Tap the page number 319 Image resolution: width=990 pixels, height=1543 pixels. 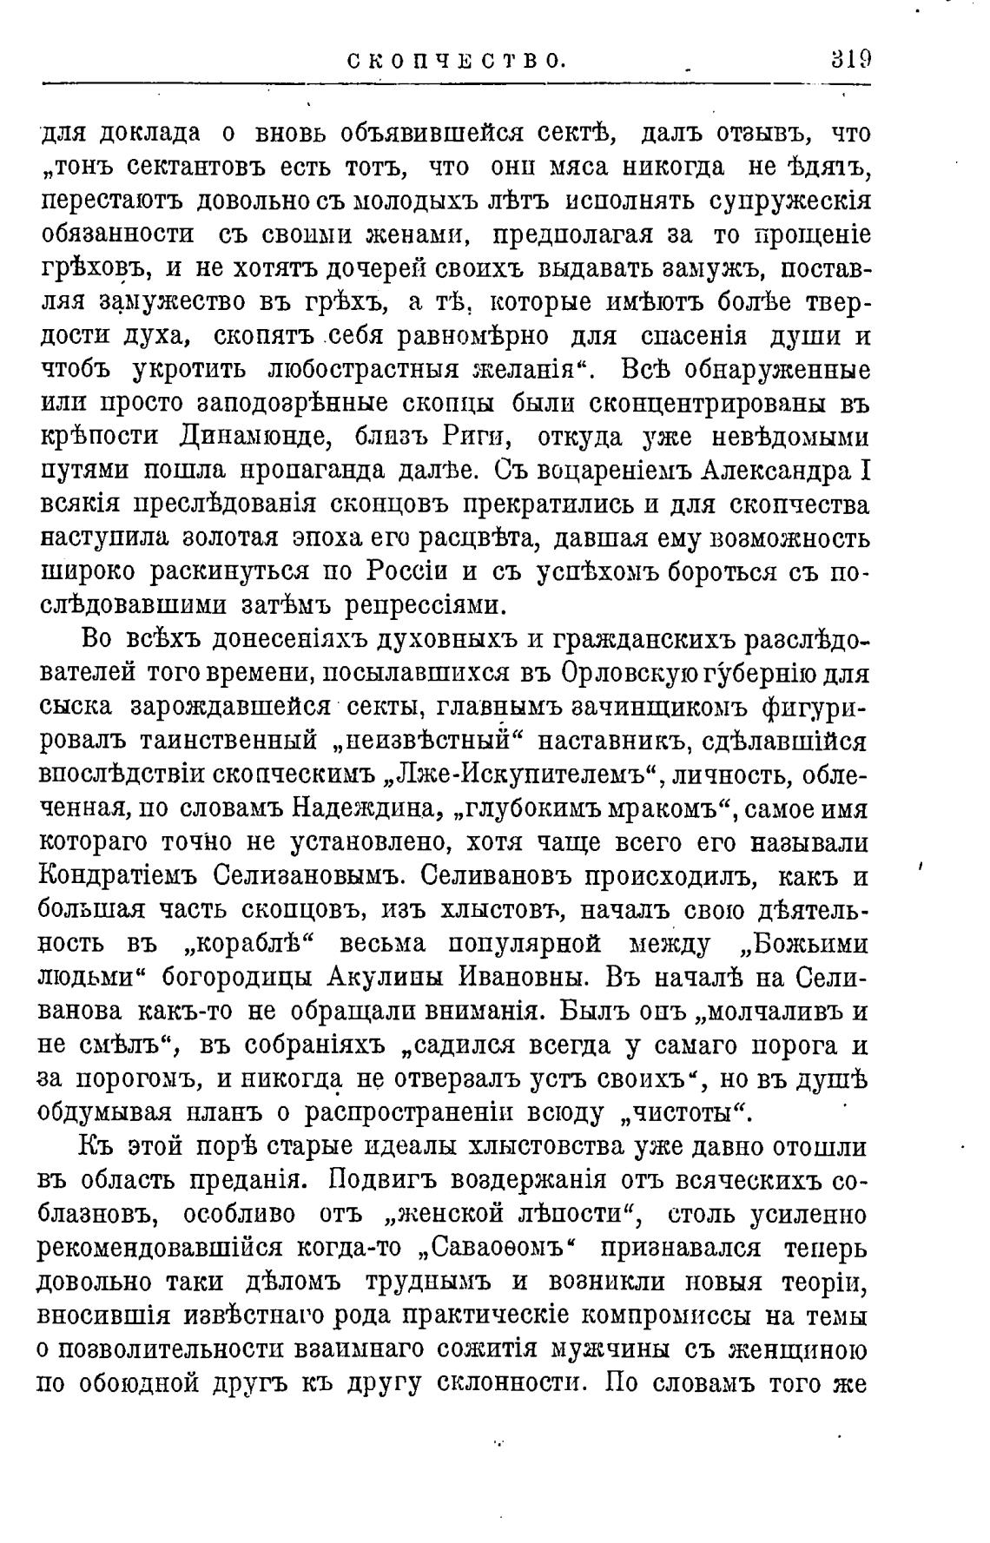(849, 60)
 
